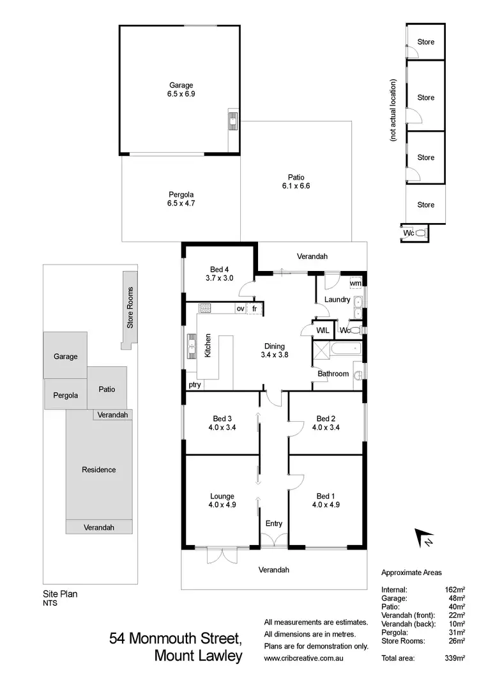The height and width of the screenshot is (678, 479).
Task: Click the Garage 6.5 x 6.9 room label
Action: click(x=181, y=89)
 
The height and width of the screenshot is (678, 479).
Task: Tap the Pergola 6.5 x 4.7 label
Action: click(x=181, y=199)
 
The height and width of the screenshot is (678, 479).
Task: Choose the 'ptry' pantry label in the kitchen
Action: click(x=194, y=385)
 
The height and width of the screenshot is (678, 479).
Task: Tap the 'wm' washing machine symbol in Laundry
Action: click(x=355, y=283)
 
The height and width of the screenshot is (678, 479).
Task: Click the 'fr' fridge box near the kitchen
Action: click(x=255, y=309)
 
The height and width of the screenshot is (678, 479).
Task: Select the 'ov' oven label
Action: click(x=240, y=309)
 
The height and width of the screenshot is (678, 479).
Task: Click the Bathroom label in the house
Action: click(x=333, y=374)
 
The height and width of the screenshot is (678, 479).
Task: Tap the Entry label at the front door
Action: click(x=273, y=524)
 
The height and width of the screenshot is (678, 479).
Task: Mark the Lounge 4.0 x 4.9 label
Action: click(x=222, y=500)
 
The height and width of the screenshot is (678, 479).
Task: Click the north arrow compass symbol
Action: click(x=423, y=539)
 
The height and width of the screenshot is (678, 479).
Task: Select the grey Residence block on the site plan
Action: click(x=99, y=470)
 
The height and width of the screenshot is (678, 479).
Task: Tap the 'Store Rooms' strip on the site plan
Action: click(x=130, y=308)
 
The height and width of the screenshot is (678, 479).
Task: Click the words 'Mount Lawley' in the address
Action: click(x=199, y=656)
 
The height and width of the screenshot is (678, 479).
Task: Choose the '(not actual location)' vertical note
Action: click(x=394, y=110)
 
